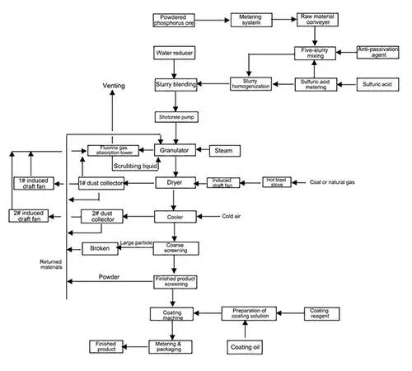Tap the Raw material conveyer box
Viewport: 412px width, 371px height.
tap(317, 19)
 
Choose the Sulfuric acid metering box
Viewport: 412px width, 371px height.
tap(317, 84)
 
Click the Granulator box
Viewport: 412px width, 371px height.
tap(177, 151)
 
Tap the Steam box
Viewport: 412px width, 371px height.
tap(223, 151)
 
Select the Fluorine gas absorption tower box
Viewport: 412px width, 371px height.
tap(112, 151)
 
